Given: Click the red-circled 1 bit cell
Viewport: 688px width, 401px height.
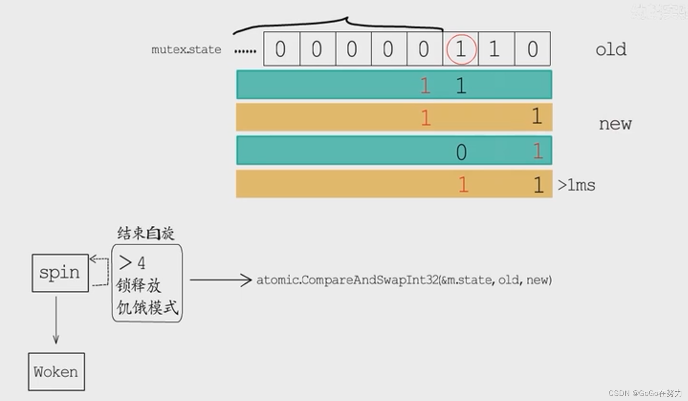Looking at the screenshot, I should click(461, 49).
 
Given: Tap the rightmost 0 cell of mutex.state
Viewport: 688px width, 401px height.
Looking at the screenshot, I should click(533, 49).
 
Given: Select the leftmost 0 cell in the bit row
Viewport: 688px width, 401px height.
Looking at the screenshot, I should click(281, 49).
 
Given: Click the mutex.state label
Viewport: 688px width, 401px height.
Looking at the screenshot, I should click(186, 50).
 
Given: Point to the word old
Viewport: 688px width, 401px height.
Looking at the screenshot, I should click(610, 50).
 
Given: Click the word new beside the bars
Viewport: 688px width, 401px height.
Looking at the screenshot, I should click(615, 124).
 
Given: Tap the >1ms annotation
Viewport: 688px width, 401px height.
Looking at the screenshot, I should click(576, 185).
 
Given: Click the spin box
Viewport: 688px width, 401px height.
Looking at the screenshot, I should click(60, 273).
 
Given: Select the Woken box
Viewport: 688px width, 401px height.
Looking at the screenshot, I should click(56, 372).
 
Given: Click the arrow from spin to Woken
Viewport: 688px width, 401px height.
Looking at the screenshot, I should click(56, 320).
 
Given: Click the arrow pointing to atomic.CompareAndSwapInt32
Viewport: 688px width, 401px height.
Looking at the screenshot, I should click(221, 280).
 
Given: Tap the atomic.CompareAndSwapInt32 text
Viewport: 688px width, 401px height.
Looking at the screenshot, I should click(404, 280).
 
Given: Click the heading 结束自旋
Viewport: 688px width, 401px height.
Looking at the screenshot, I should click(146, 233).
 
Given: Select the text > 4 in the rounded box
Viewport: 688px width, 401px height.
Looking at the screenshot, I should click(132, 263).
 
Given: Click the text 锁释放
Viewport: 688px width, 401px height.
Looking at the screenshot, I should click(139, 285).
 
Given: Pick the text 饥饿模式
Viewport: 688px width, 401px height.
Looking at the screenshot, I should click(147, 307).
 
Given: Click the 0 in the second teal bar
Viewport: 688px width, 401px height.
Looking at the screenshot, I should click(461, 152).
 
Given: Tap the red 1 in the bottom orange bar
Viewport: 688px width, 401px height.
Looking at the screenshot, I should click(463, 185).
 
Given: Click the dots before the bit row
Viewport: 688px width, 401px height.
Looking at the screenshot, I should click(245, 51).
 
